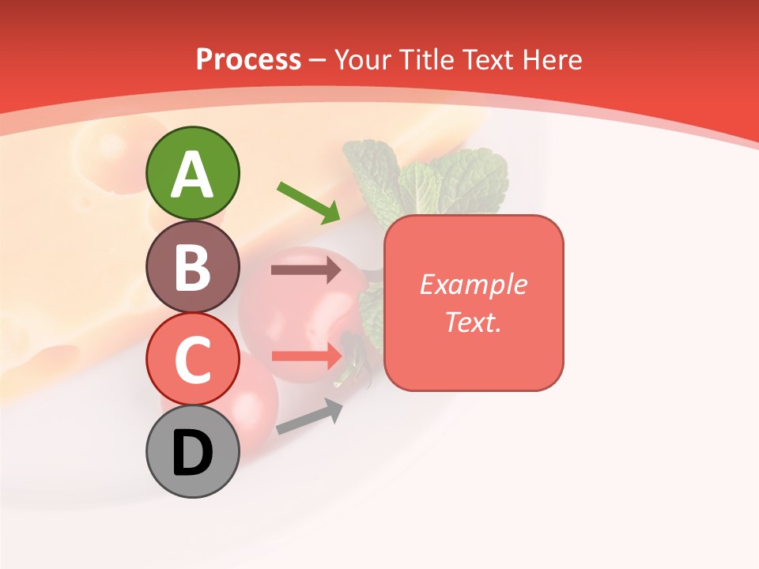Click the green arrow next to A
pyautogui.click(x=309, y=202)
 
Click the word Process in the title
pyautogui.click(x=248, y=60)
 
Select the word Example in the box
pyautogui.click(x=473, y=284)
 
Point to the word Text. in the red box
pyautogui.click(x=473, y=322)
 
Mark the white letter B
pyautogui.click(x=192, y=267)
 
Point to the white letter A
pyautogui.click(x=192, y=174)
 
